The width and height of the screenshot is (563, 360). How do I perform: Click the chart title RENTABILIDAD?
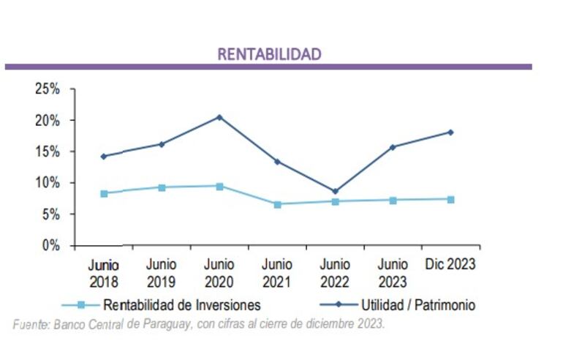[269, 54]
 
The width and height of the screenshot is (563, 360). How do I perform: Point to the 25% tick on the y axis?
[48, 89]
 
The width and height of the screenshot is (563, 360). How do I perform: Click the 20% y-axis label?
[48, 120]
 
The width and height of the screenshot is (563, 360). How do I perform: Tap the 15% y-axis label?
[48, 151]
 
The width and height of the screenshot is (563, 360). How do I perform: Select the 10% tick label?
[48, 183]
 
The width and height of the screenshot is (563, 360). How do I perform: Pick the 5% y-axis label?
[50, 214]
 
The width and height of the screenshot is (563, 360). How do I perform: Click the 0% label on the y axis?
[50, 246]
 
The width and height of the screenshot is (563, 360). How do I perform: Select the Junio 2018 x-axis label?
[103, 273]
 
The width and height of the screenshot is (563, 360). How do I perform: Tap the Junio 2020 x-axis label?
[219, 273]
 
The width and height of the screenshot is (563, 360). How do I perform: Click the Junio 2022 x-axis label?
[335, 273]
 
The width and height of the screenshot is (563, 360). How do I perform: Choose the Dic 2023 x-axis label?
[450, 264]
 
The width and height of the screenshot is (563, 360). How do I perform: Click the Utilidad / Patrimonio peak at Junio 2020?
[219, 117]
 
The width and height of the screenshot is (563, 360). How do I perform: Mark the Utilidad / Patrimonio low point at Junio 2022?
[335, 192]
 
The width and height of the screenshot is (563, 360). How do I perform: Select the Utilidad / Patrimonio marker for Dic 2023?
[450, 132]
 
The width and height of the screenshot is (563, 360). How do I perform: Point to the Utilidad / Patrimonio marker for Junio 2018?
[104, 156]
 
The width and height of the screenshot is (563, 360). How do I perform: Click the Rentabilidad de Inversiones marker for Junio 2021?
[277, 204]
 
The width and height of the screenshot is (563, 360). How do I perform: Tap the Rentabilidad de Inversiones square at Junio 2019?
[162, 187]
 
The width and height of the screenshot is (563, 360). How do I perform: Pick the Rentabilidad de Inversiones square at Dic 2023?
[450, 199]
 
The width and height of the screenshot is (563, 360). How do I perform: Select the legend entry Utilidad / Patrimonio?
[417, 305]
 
